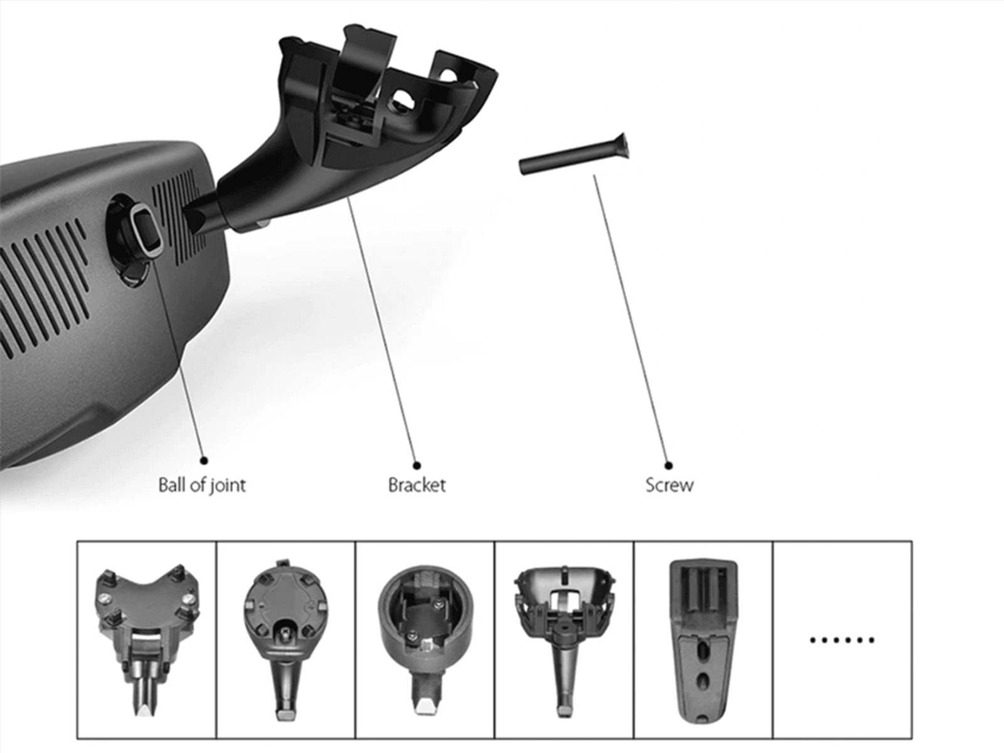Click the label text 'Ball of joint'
(x=201, y=485)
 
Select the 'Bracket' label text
(x=417, y=485)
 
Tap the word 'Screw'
(x=669, y=485)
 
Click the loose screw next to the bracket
(x=574, y=154)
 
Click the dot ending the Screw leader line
(x=668, y=466)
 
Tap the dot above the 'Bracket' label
(x=417, y=466)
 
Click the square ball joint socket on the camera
(x=145, y=228)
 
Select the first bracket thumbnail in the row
(x=147, y=639)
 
